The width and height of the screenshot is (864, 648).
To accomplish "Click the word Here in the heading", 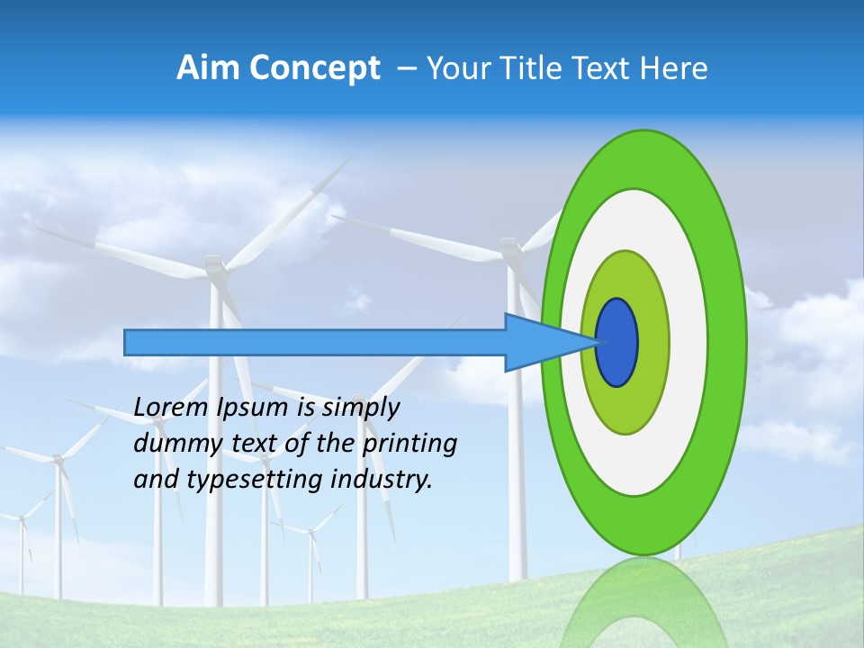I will [x=673, y=68].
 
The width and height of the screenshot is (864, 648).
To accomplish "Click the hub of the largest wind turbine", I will [x=214, y=265].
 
